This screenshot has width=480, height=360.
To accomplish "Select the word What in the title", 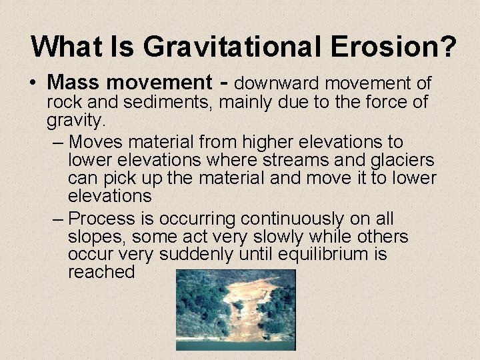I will [x=61, y=47].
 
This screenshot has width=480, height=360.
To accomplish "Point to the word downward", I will [x=275, y=83].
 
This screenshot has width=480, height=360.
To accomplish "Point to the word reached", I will [x=101, y=272].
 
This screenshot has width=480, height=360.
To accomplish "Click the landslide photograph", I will [x=235, y=309].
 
